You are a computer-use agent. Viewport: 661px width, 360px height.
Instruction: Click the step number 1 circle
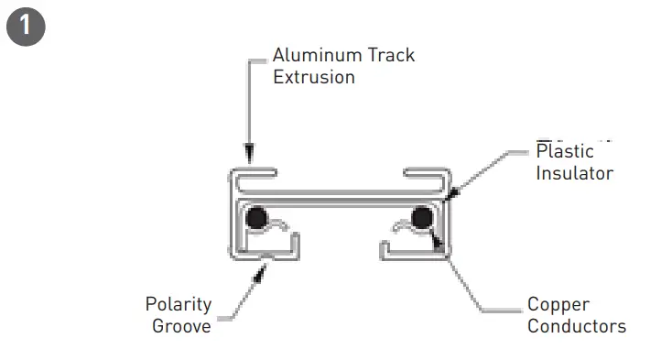[x=25, y=25]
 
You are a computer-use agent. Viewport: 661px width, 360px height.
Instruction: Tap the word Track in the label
[x=391, y=55]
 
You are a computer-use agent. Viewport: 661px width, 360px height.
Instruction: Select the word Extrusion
[x=314, y=77]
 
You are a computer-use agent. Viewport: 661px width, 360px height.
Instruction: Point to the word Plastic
[x=565, y=152]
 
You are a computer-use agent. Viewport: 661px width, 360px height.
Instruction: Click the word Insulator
[x=574, y=172]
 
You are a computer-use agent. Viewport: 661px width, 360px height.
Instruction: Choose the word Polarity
[x=179, y=304]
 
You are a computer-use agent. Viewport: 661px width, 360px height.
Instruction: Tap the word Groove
[x=181, y=325]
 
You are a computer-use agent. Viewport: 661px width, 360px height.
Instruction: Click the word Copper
[x=558, y=304]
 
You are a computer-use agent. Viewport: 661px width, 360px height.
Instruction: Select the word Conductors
[x=577, y=326]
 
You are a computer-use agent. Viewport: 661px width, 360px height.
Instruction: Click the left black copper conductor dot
[x=257, y=218]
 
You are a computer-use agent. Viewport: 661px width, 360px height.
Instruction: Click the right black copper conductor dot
[x=422, y=218]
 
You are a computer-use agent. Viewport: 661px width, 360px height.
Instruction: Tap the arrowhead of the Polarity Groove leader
[x=265, y=265]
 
